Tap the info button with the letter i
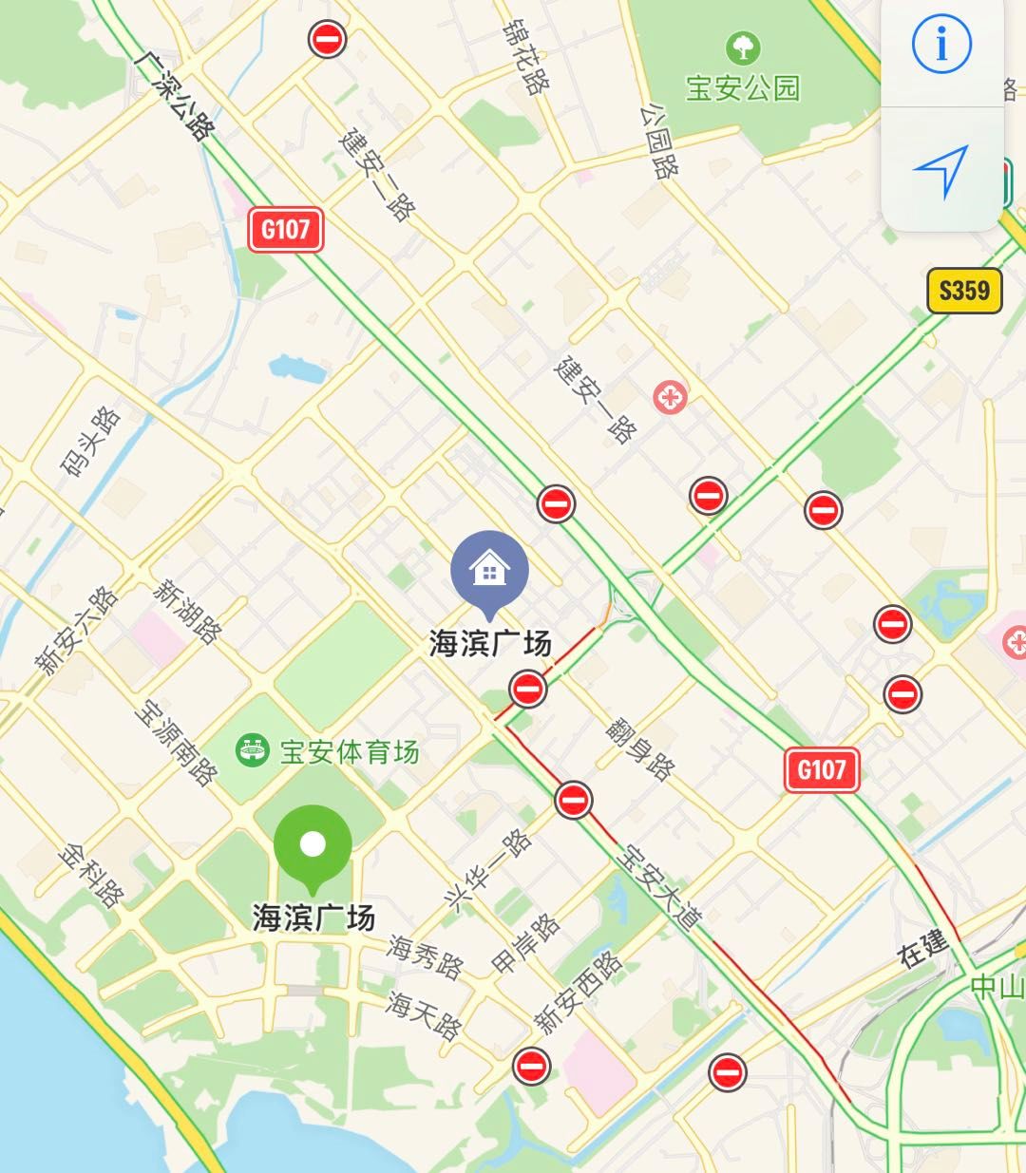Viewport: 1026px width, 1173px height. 941,45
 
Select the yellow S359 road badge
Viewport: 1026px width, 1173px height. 964,290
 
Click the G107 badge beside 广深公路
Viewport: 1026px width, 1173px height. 285,230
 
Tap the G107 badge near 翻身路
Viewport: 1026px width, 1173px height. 822,768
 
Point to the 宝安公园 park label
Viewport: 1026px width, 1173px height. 743,88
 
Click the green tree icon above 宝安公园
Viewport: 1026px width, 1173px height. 743,47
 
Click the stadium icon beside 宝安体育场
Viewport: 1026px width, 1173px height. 251,751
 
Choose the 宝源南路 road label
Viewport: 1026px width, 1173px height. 176,744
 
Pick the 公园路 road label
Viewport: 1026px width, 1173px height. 659,142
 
